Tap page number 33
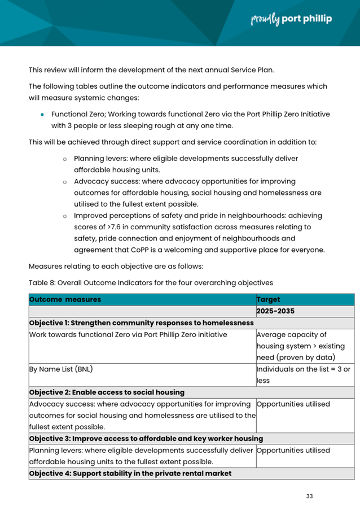[x=309, y=496]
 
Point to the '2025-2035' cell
[x=275, y=311]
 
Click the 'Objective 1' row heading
[x=141, y=323]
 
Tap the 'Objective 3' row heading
[x=146, y=439]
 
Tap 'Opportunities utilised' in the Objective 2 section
[x=293, y=404]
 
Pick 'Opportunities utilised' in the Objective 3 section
[x=293, y=451]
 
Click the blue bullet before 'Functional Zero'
[x=42, y=115]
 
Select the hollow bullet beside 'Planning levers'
[x=65, y=159]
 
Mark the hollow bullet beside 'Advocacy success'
[x=65, y=182]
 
